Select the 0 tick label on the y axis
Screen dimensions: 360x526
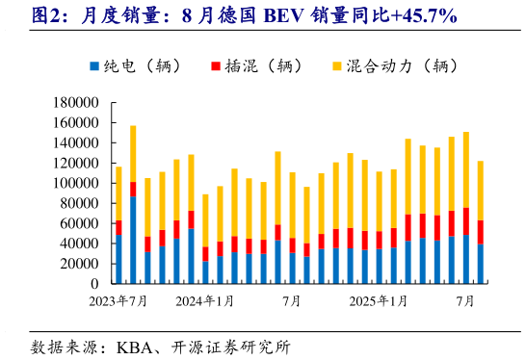94,284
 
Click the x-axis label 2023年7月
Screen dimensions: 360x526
119,301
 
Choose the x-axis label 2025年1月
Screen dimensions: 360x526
379,301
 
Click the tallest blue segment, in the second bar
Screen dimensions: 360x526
133,241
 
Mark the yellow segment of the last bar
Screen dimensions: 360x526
481,191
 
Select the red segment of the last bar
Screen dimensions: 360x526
481,232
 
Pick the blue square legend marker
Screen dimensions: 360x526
94,66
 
